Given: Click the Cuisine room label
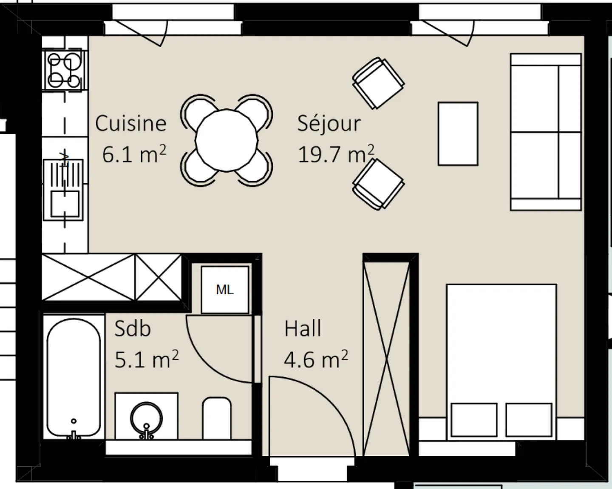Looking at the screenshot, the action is (130, 123).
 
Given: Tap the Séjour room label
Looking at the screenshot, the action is (329, 124).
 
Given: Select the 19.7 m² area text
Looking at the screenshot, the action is (336, 154).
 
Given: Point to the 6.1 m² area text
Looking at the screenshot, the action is (134, 154).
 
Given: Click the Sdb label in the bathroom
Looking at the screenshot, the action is (132, 328).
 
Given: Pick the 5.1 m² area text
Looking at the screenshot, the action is (147, 359).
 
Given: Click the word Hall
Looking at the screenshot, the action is (303, 328).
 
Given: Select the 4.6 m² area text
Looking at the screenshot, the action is (316, 359).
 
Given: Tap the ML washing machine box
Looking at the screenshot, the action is (225, 290).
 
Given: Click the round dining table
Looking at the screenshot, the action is (227, 140).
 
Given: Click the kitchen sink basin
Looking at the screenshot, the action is (65, 204).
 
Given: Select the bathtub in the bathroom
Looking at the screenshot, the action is (74, 378).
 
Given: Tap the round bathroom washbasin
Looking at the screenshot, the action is (147, 418).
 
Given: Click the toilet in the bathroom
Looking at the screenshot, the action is (217, 418).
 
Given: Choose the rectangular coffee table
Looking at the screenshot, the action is (458, 134).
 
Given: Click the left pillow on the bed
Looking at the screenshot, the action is (474, 420).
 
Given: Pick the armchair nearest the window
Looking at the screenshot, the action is (378, 83).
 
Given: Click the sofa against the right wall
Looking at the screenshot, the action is (546, 132).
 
